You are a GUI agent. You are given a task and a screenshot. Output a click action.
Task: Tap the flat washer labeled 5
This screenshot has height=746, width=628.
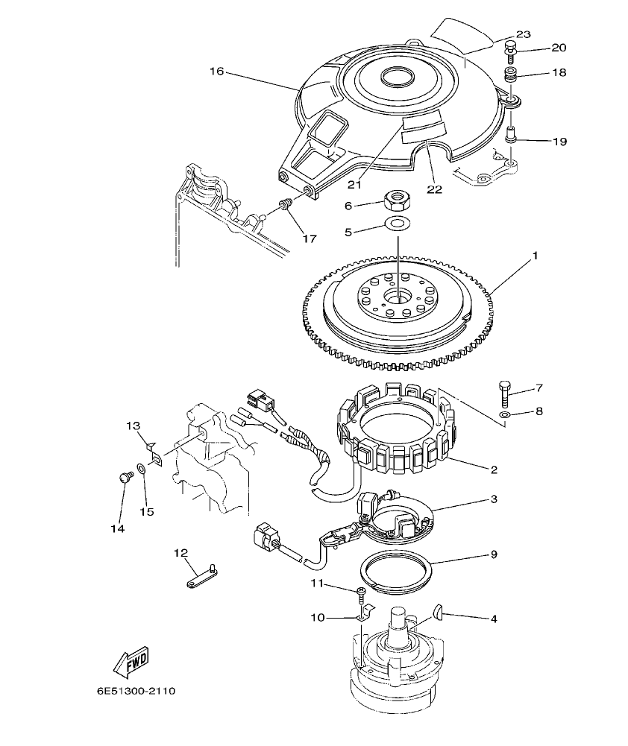click(x=398, y=223)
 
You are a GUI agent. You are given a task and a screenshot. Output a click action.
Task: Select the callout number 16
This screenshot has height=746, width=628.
click(x=216, y=72)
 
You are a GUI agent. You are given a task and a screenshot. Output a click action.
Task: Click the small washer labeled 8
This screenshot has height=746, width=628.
click(x=505, y=414)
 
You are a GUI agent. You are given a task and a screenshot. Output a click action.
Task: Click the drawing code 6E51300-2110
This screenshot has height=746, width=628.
click(x=135, y=691)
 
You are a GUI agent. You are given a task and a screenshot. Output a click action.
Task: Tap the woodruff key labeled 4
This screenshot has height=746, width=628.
click(x=439, y=613)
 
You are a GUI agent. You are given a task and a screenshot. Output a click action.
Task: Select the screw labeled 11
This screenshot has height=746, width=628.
click(x=362, y=593)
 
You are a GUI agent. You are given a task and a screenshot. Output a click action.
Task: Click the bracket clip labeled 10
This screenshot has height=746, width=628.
click(x=362, y=614)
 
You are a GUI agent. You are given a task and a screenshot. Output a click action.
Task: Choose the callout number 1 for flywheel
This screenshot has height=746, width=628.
click(x=535, y=256)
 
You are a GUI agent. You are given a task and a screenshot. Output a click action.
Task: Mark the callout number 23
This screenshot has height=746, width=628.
click(x=523, y=34)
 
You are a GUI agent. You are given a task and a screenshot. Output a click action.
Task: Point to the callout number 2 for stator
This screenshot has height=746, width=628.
click(x=494, y=470)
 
